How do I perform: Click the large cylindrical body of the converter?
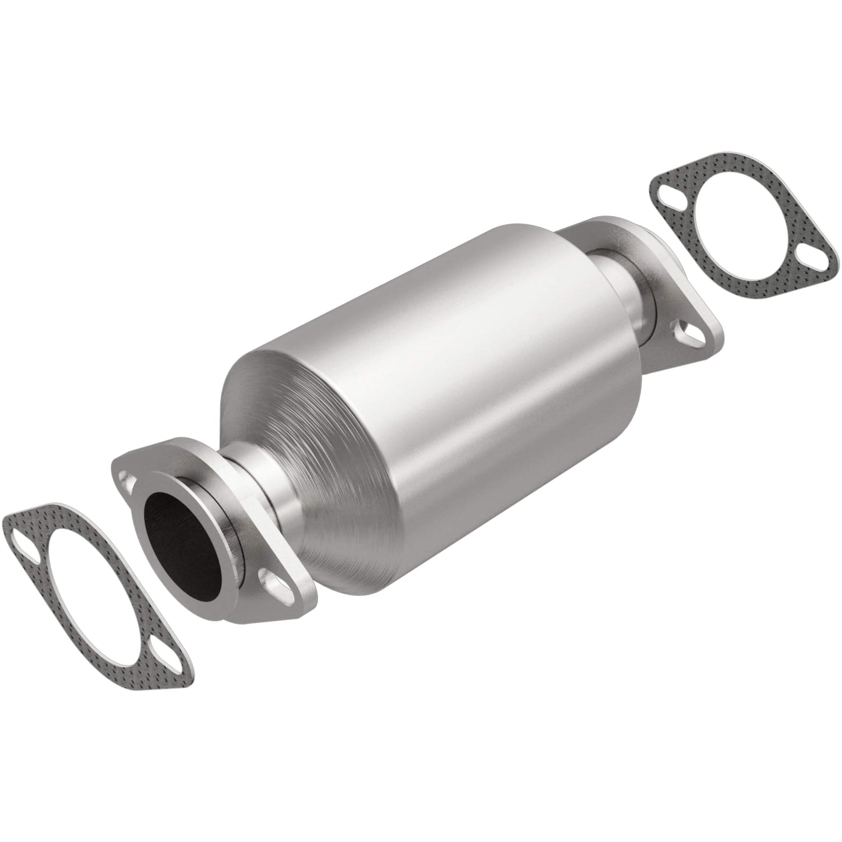coord(466,326)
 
